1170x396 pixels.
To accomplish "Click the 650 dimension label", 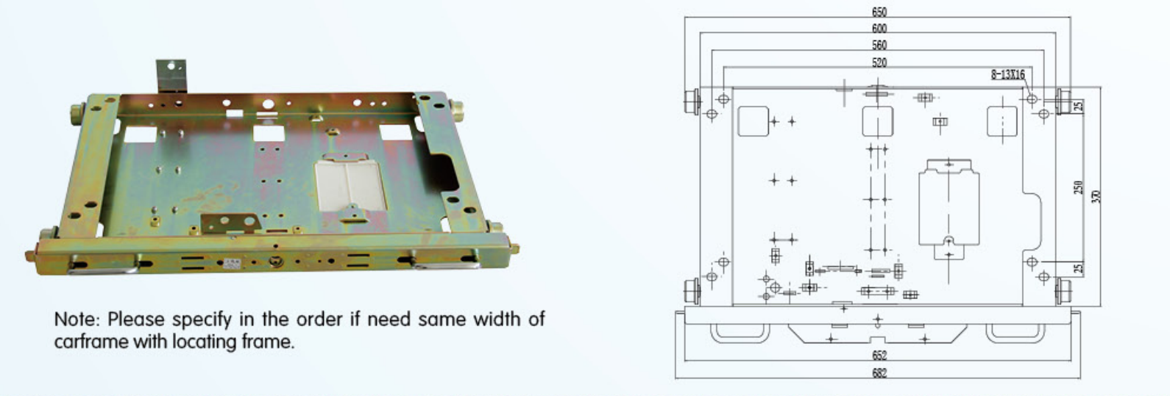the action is tap(879, 12).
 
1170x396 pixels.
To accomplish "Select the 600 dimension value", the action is tap(879, 28).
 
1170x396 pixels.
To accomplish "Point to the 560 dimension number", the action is tap(879, 46).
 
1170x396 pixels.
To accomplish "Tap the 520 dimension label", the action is tap(879, 62).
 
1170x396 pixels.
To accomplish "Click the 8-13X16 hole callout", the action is tap(1007, 75).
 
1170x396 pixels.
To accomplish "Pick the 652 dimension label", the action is tap(879, 356).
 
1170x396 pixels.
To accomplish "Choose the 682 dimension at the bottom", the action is tap(879, 373).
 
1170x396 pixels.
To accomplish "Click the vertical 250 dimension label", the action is tap(1078, 187).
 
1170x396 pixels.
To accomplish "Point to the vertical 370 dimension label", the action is tap(1096, 197).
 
